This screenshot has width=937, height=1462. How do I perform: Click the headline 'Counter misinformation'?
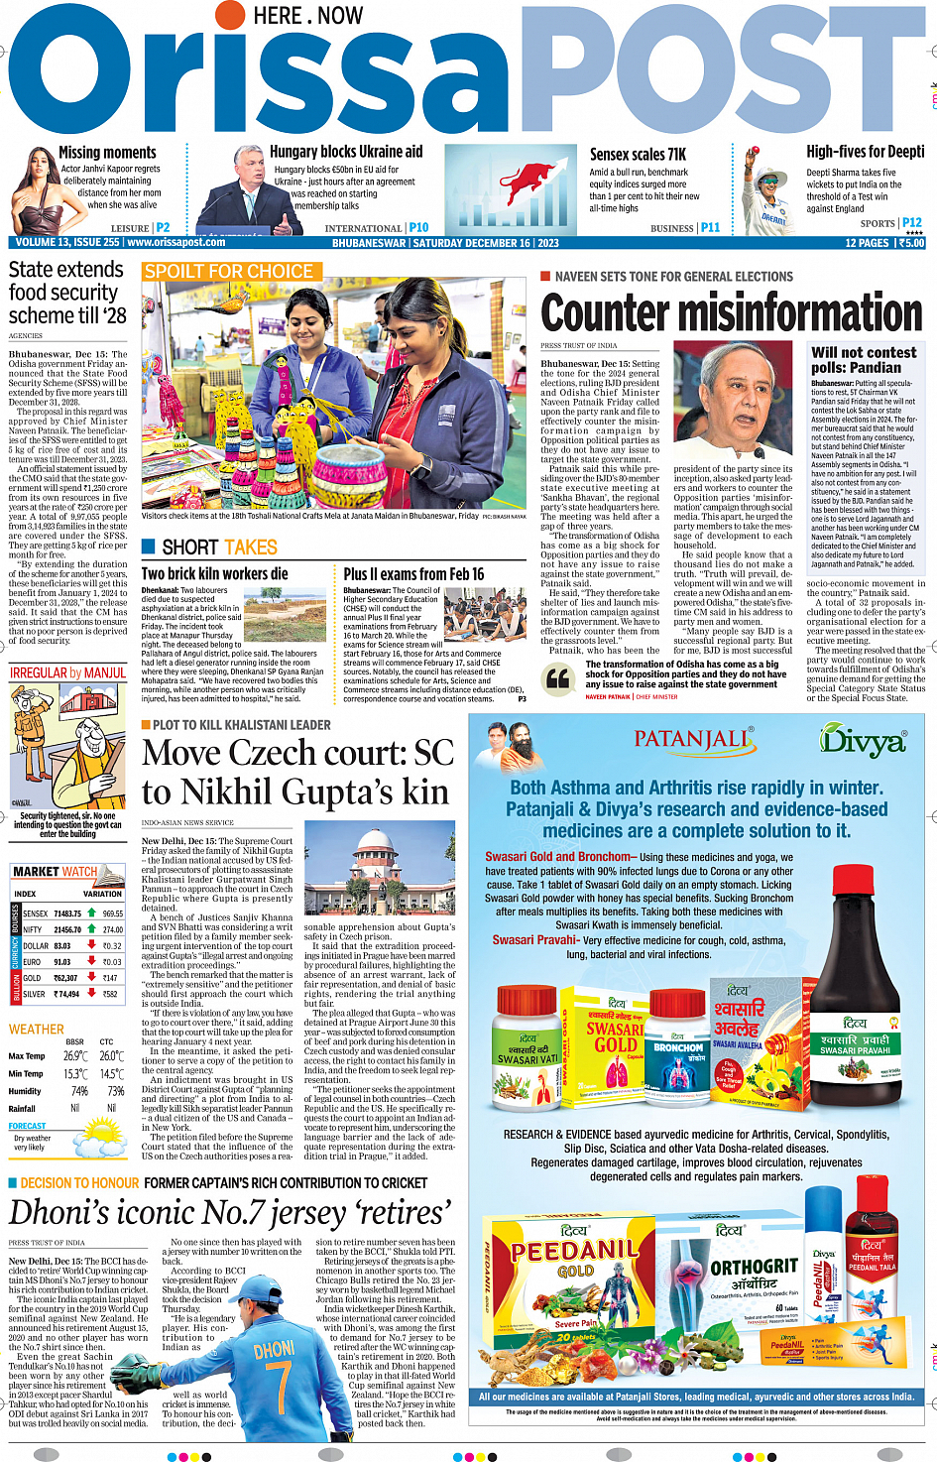click(732, 311)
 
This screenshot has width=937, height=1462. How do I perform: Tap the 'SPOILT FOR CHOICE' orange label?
click(229, 272)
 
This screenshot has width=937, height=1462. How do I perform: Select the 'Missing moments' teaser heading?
click(107, 153)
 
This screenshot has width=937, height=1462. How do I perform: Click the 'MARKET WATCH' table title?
click(55, 872)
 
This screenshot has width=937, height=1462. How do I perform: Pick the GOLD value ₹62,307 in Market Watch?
click(65, 978)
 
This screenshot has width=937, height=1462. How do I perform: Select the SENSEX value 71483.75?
click(66, 914)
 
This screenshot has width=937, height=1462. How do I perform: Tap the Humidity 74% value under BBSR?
click(75, 1091)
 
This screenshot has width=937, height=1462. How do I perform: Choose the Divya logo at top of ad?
click(863, 740)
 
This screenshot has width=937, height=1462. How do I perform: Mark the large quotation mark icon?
click(559, 678)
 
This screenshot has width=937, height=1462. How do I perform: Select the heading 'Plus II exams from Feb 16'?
click(413, 574)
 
